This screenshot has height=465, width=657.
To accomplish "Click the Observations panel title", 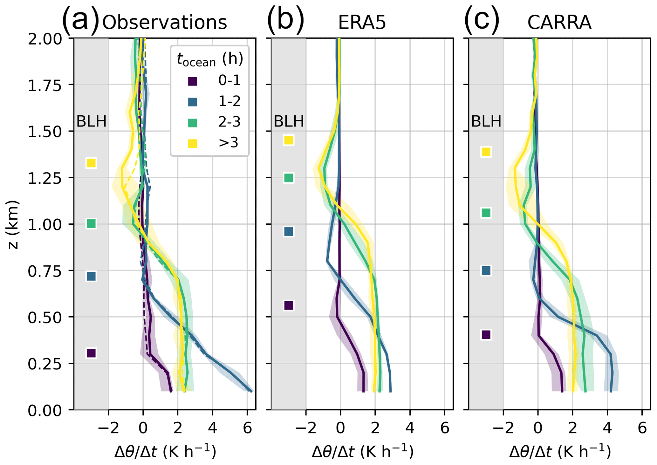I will coord(165,23).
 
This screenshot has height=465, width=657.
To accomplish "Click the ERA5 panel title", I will coord(362,23).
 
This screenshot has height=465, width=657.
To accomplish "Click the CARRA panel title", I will coord(559,23).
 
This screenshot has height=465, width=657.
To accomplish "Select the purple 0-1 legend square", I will coord(193,81).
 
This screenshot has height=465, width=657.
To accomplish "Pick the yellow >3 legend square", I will coord(193,144).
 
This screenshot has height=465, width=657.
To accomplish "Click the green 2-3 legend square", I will coord(193,123).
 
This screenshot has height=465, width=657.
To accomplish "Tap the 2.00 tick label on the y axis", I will coord(45,39).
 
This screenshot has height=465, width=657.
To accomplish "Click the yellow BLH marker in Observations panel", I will coord(91,163).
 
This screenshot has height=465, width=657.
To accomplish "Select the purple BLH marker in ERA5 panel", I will coord(289,305).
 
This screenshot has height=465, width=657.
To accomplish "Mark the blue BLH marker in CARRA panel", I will coord(486,270).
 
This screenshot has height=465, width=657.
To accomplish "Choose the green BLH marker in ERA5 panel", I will coord(289,178).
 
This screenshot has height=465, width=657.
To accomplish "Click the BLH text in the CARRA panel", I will coord(486,121).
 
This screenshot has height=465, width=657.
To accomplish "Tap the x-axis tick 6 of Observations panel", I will coord(247,428).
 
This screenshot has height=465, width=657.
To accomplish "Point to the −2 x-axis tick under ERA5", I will coord(305,428).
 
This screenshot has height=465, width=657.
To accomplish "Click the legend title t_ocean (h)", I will coord(210,59).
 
